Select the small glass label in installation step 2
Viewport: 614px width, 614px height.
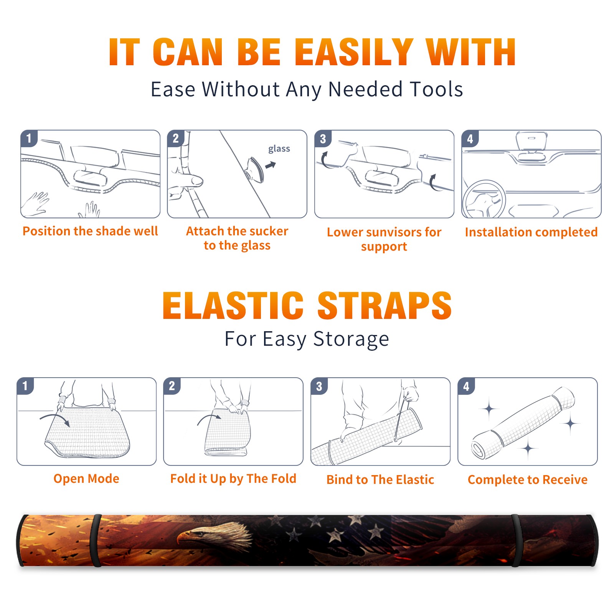point(279,149)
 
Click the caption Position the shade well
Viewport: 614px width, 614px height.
point(90,231)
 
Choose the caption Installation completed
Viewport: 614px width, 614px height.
point(531,232)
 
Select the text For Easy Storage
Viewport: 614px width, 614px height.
point(307,339)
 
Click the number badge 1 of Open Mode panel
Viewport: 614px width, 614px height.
point(25,386)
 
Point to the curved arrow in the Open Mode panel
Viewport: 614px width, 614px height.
point(55,418)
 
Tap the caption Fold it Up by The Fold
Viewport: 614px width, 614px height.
point(233,479)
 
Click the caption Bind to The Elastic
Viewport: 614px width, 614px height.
point(380,480)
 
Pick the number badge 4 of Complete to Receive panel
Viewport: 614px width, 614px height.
point(466,386)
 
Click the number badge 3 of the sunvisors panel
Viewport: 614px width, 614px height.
point(323,139)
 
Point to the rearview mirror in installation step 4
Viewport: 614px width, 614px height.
point(532,141)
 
